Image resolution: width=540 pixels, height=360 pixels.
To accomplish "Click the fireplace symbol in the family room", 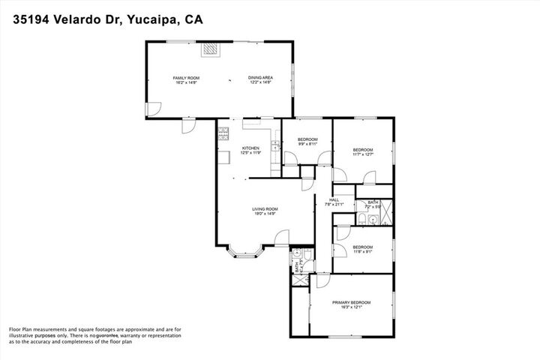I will click(x=211, y=50).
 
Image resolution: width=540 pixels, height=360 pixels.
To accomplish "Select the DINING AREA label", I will click(x=260, y=78).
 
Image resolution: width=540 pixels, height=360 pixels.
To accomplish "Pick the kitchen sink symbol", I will click(x=275, y=147).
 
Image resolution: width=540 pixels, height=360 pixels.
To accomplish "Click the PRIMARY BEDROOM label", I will click(x=351, y=302).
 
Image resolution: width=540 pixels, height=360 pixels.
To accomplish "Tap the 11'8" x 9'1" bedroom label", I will click(x=363, y=251).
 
